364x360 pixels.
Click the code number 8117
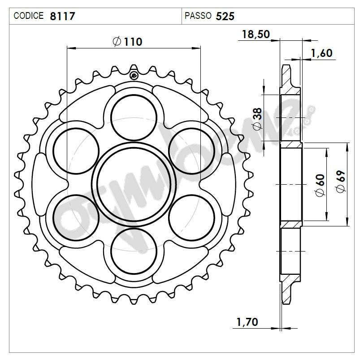62,17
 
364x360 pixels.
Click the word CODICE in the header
29,16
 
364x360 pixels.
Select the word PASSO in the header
198,16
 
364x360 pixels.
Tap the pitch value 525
225,17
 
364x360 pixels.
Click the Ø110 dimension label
128,42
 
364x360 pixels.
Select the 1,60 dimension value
321,53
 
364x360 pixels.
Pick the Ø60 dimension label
320,185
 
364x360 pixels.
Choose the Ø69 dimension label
341,183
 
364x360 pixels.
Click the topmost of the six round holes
134,117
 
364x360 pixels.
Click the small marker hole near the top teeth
134,75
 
